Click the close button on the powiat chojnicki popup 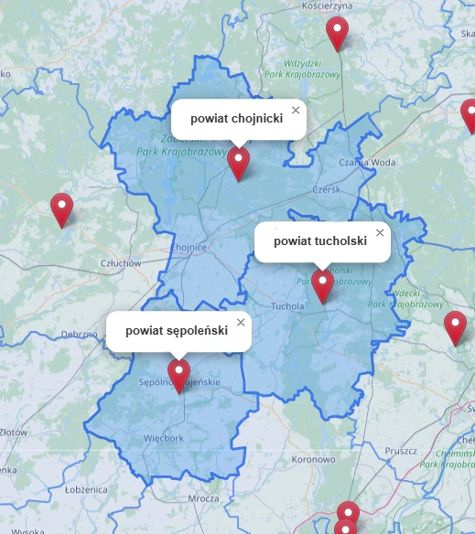(x=295, y=110)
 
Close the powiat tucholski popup (x=380, y=232)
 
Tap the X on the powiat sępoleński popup (x=241, y=322)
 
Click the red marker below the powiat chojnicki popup (x=239, y=163)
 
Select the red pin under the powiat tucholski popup (x=322, y=284)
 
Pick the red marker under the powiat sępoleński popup (x=179, y=375)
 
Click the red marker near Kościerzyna (x=338, y=33)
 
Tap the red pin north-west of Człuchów (x=61, y=209)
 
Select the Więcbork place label (x=164, y=438)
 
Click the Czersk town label (x=326, y=189)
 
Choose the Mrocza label (x=203, y=498)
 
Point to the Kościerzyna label (x=327, y=5)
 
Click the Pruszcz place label (x=401, y=451)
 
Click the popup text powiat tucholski (x=320, y=241)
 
